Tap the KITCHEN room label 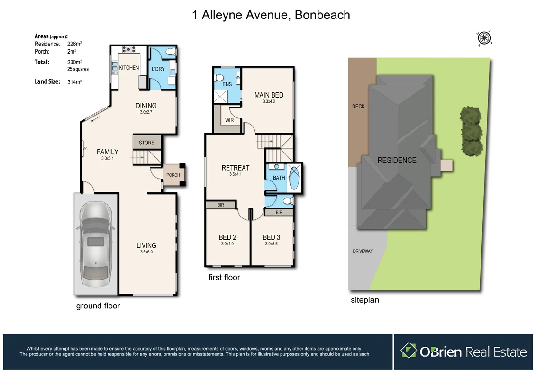pyautogui.click(x=129, y=68)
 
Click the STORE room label pyautogui.click(x=146, y=143)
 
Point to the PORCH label pyautogui.click(x=173, y=175)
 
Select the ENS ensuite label pyautogui.click(x=227, y=84)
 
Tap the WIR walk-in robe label pyautogui.click(x=229, y=120)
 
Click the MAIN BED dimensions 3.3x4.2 pyautogui.click(x=269, y=101)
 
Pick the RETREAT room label pyautogui.click(x=235, y=168)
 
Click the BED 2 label pyautogui.click(x=227, y=237)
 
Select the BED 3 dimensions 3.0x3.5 pyautogui.click(x=271, y=244)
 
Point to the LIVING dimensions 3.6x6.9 pyautogui.click(x=146, y=252)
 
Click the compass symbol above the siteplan pyautogui.click(x=484, y=37)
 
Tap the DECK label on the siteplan pyautogui.click(x=358, y=106)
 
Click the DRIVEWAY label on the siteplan pyautogui.click(x=363, y=251)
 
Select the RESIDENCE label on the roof pyautogui.click(x=397, y=160)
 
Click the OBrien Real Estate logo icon pyautogui.click(x=408, y=351)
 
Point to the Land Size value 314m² pyautogui.click(x=74, y=82)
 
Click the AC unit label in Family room pyautogui.click(x=85, y=149)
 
